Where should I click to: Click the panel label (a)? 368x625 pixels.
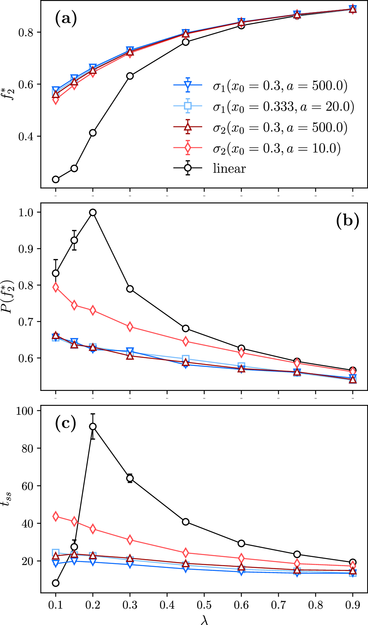66,18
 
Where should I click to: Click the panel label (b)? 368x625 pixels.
347,221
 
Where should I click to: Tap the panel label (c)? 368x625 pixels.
65,423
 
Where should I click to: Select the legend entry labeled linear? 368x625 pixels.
229,169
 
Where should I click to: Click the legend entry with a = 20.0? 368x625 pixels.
283,107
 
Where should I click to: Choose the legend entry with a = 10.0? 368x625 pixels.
276,148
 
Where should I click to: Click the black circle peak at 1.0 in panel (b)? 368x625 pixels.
93,212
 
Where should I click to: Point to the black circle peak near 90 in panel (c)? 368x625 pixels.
93,426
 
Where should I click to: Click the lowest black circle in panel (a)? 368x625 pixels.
56,180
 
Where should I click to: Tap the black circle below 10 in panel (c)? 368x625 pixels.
56,583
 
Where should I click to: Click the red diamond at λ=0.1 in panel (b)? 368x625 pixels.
56,287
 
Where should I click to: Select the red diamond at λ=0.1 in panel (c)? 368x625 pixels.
56,516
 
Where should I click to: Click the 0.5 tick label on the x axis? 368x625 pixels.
204,605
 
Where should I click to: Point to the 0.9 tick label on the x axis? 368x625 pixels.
353,605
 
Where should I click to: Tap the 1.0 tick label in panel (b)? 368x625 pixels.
26,212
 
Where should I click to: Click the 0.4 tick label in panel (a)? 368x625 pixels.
26,137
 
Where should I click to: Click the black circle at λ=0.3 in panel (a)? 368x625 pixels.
130,76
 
